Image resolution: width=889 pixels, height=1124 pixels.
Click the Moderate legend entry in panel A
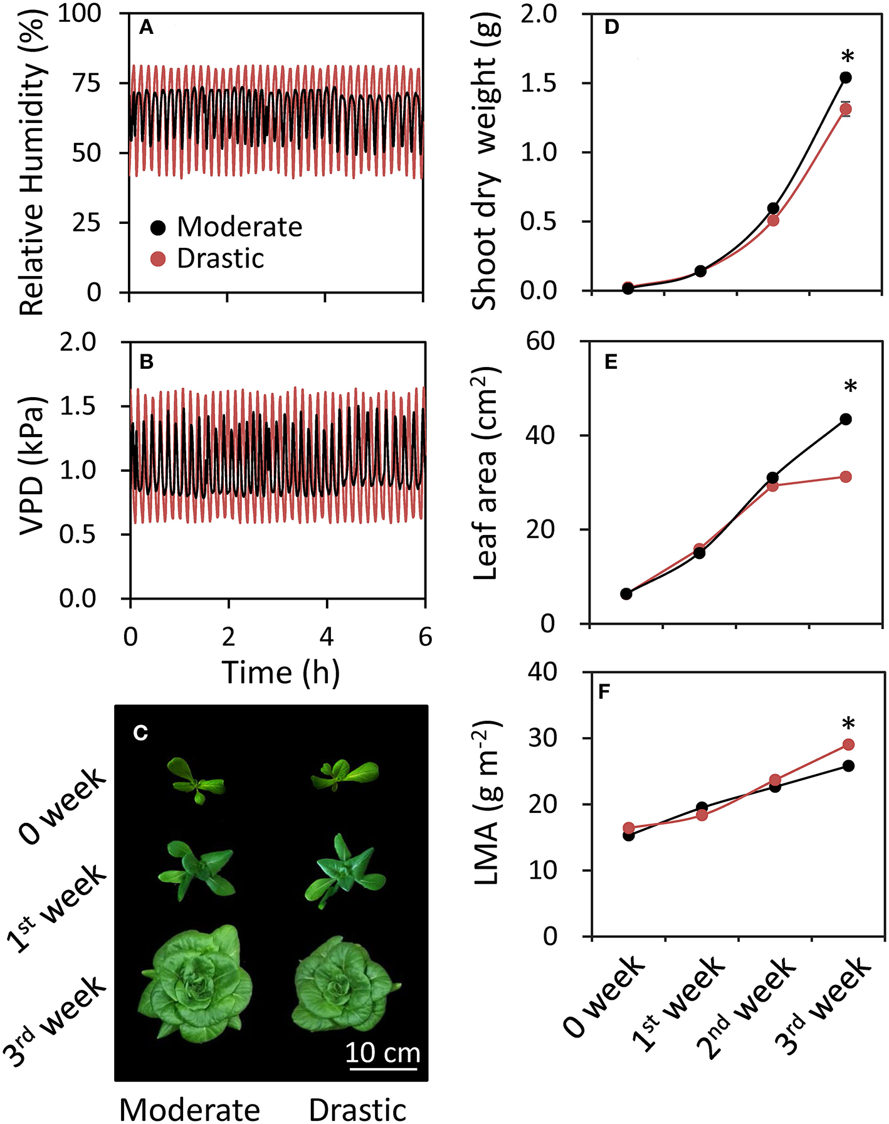pos(239,226)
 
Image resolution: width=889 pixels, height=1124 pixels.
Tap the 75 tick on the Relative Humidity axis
pos(87,83)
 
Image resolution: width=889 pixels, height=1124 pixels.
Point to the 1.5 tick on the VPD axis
pos(77,406)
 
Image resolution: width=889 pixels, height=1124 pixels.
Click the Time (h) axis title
pos(280,673)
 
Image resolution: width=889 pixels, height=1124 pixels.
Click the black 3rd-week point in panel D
pos(845,78)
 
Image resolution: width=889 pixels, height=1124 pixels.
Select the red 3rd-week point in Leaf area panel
pos(845,477)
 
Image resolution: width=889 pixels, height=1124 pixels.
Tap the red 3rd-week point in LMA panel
pos(848,745)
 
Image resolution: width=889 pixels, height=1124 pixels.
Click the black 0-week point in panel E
pos(626,593)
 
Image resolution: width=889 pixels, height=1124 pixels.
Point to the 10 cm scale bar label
pos(382,1052)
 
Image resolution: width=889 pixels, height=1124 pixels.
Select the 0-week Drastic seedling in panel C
pos(345,774)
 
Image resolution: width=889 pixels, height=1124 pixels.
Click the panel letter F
pos(604,692)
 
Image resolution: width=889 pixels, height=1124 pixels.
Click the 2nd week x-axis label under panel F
pos(746,1005)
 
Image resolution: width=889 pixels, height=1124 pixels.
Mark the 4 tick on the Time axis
pos(327,637)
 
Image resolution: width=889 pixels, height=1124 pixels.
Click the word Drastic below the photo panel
pos(357,1109)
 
